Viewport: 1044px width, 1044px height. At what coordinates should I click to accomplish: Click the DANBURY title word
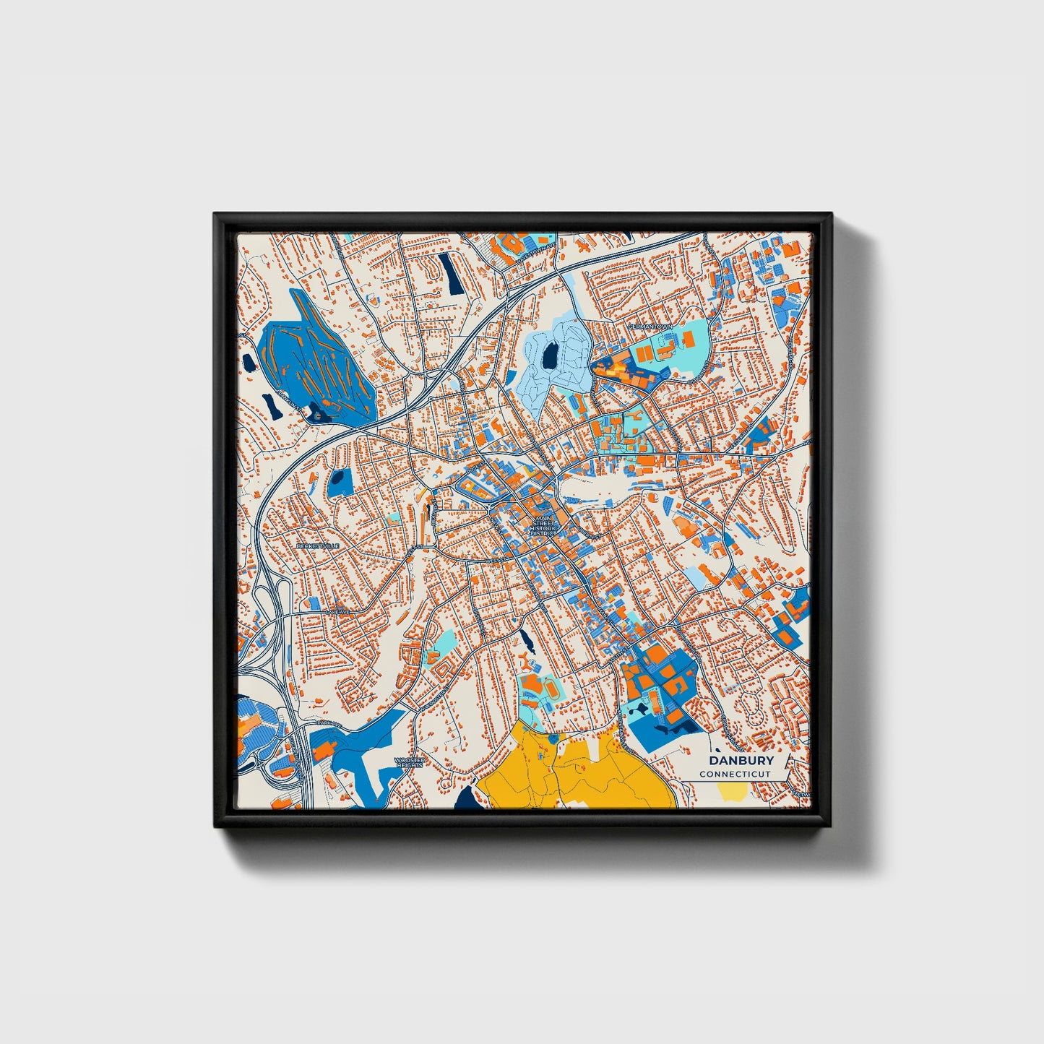tap(741, 760)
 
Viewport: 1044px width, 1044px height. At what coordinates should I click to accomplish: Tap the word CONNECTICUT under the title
tap(735, 774)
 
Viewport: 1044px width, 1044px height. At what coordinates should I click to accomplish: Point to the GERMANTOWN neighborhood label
tap(650, 327)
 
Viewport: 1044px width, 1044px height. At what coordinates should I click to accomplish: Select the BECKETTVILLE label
tap(317, 546)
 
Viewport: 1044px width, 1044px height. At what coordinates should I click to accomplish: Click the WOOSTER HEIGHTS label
tap(410, 762)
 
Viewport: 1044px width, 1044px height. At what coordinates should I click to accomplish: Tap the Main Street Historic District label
tap(543, 526)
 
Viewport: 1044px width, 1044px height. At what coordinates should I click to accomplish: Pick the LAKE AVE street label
tap(337, 612)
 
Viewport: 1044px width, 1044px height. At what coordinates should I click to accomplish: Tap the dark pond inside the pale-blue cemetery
tap(550, 354)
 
